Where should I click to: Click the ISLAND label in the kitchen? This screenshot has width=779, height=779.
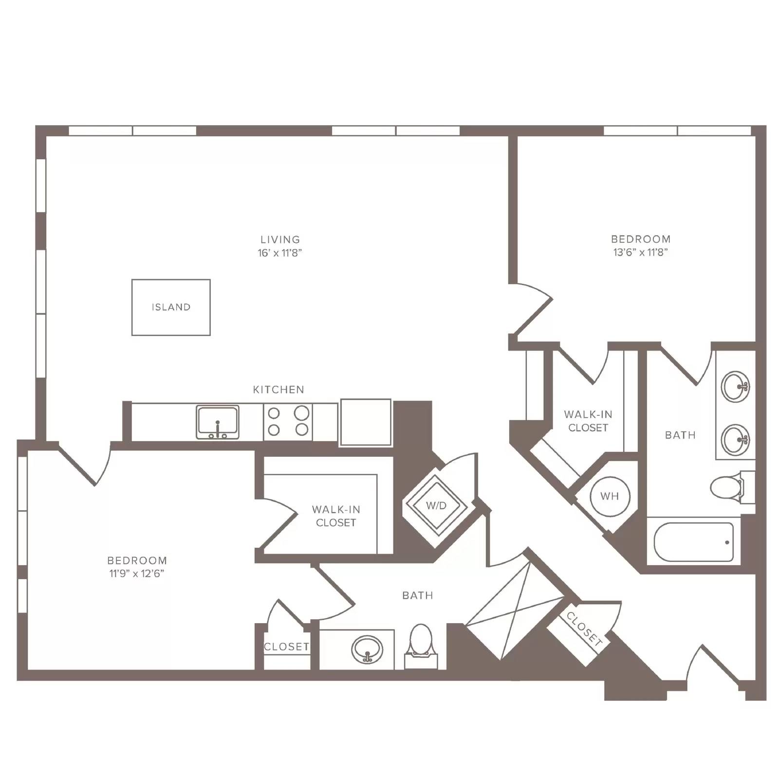pyautogui.click(x=171, y=307)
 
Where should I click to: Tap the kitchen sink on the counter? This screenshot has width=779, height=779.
pyautogui.click(x=218, y=422)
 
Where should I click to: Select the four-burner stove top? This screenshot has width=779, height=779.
pyautogui.click(x=288, y=421)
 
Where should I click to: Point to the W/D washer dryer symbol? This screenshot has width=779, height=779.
pyautogui.click(x=436, y=505)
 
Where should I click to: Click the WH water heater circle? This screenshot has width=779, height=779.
pyautogui.click(x=610, y=497)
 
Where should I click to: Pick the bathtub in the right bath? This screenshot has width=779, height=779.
pyautogui.click(x=694, y=542)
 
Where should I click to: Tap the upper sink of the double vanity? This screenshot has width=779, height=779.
pyautogui.click(x=735, y=387)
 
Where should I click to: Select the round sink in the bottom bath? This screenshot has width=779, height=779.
pyautogui.click(x=367, y=649)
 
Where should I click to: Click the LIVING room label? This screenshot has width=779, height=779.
pyautogui.click(x=280, y=240)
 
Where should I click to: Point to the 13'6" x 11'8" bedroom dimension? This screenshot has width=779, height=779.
pyautogui.click(x=641, y=252)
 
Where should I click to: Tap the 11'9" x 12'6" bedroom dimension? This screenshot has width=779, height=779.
pyautogui.click(x=137, y=574)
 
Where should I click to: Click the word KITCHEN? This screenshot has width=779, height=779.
pyautogui.click(x=278, y=389)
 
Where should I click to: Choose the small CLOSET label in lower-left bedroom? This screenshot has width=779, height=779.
pyautogui.click(x=286, y=647)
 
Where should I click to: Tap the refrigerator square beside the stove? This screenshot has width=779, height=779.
pyautogui.click(x=366, y=422)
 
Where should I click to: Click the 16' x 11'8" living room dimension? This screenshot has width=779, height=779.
pyautogui.click(x=280, y=253)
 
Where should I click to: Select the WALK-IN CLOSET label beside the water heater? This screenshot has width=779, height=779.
pyautogui.click(x=588, y=421)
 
